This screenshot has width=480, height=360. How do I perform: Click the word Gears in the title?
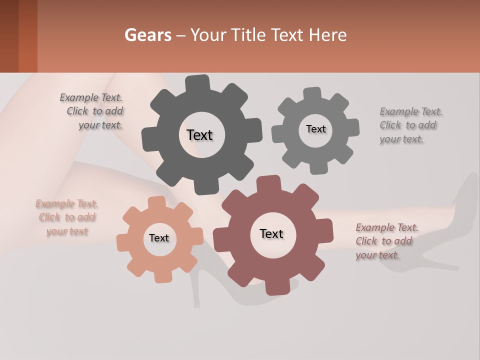146,35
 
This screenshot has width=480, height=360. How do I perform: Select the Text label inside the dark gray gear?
199,135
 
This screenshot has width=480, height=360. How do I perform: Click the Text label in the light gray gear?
315,129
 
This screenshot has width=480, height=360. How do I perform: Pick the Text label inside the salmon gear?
159,238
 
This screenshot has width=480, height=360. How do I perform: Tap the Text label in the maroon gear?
271,234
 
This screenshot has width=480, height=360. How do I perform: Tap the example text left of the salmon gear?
67,217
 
